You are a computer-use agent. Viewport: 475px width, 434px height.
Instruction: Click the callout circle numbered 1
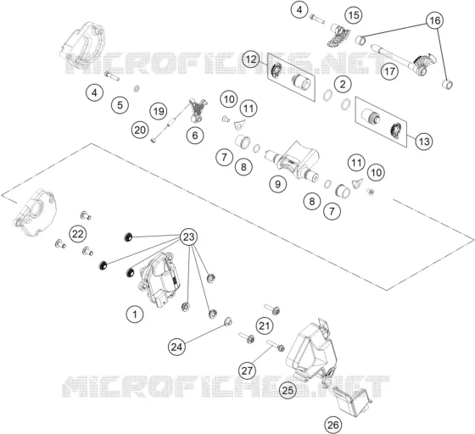point(135,314)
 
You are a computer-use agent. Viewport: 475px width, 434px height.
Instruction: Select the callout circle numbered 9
point(278,184)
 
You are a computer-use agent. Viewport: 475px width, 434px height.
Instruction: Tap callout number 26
point(332,425)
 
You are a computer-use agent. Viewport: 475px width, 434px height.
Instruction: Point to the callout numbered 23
point(188,236)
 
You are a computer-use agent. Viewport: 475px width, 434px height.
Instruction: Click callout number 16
point(434,20)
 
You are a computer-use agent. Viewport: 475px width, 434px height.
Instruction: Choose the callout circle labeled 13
point(424,142)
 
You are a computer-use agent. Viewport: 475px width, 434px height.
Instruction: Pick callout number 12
point(251,59)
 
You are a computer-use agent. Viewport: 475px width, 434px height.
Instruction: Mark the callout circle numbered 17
point(389,71)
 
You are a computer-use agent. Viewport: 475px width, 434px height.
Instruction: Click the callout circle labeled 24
point(177,347)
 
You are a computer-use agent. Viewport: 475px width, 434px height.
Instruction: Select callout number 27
point(247,370)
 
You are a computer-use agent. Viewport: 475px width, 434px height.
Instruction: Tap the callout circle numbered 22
point(77,234)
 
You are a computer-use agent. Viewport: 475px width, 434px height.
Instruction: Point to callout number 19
point(159,111)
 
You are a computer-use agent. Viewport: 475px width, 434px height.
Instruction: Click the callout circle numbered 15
point(354,14)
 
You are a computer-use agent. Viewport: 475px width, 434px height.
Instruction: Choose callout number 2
point(343,84)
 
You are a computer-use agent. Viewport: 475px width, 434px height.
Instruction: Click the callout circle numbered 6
point(195,136)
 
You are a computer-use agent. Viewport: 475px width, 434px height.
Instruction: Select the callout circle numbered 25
point(288,390)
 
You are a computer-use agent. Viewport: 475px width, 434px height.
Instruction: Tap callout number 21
point(265,326)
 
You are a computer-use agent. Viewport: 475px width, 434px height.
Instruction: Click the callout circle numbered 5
point(120,105)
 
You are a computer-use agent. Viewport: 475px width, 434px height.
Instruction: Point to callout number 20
point(140,131)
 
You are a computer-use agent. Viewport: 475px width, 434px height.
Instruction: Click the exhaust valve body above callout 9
point(293,161)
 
